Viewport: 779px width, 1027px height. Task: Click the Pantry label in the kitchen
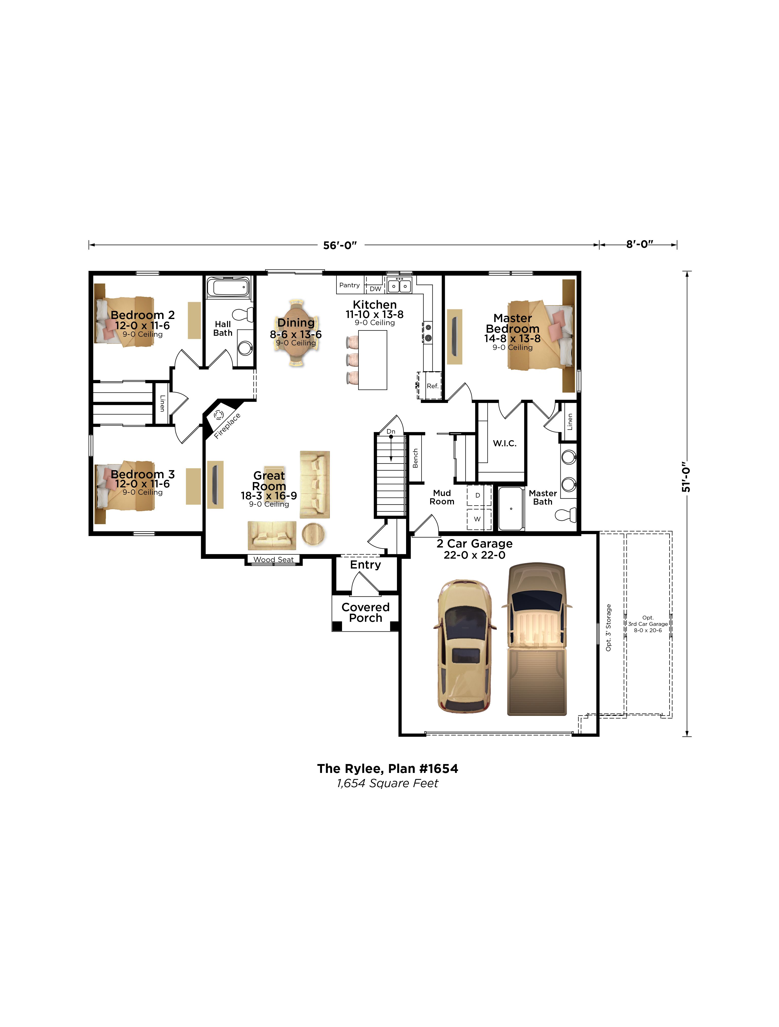349,285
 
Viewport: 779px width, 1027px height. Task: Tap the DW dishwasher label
375,289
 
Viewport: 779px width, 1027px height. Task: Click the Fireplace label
227,426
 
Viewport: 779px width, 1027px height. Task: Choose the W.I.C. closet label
504,444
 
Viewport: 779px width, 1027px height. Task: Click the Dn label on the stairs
391,431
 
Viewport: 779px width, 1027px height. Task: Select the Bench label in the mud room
415,458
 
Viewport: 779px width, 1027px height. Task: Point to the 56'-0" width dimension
340,245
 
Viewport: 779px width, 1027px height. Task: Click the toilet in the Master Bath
566,515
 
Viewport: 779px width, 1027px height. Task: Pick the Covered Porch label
366,612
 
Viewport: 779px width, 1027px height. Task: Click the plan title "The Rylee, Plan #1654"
387,768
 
